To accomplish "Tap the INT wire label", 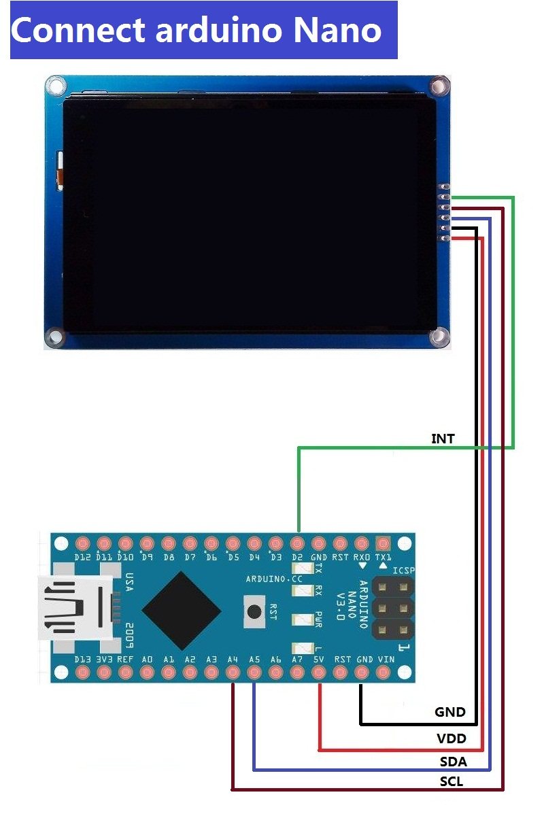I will point(443,439).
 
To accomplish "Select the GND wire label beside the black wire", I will point(450,712).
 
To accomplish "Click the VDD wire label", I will point(451,738).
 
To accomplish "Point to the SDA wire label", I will point(453,761).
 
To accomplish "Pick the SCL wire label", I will point(452,782).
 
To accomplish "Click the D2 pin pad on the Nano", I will point(297,544).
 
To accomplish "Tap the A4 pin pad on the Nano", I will point(233,673).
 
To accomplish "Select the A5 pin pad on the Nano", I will point(254,673).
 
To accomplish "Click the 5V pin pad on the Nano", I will point(319,673).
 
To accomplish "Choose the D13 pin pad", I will point(83,673).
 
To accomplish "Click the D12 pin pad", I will point(83,544).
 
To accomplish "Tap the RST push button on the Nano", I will point(254,610).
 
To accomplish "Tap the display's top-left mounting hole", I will point(54,86).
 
